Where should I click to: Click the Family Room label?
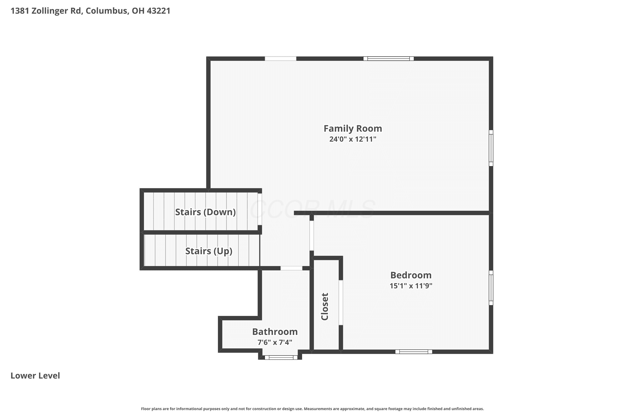point(353,129)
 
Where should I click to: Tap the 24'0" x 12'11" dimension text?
point(353,139)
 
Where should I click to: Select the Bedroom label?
point(411,275)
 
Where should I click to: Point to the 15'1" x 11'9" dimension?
point(411,286)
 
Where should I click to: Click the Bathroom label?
point(275,332)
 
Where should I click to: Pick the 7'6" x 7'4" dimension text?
point(275,342)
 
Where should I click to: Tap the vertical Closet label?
point(325,307)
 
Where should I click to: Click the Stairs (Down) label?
point(205,212)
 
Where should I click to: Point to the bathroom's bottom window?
point(281,357)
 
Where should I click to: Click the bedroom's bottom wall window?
point(414,352)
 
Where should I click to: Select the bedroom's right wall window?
point(491,288)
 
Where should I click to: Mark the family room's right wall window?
point(491,148)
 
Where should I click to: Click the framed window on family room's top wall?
point(389,59)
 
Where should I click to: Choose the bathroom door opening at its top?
point(291,268)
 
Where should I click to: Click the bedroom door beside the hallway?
point(312,235)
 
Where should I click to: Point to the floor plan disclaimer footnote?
point(312,409)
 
